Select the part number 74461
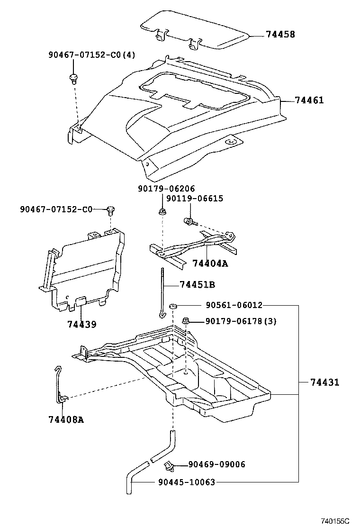coord(309,100)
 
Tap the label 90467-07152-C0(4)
coord(91,55)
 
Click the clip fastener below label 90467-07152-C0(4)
coord(73,77)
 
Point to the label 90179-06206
coord(166,189)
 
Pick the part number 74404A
coord(210,263)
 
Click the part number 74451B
coord(198,285)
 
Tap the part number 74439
coord(81,325)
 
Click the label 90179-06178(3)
coord(241,322)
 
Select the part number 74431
coord(325,382)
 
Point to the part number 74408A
coord(66,419)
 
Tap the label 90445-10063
coord(186,482)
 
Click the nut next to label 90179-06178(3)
coord(186,322)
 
